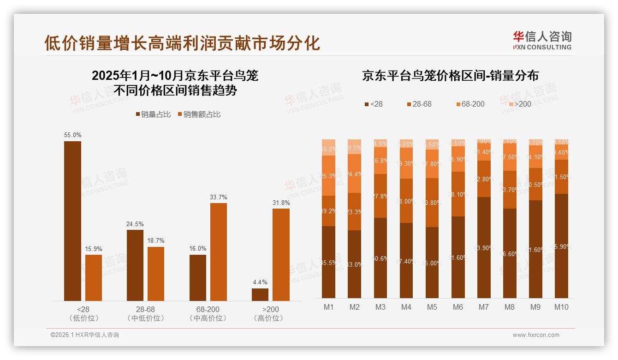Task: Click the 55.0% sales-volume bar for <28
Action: pos(72,221)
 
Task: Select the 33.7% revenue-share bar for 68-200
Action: pos(219,252)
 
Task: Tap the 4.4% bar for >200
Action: pos(260,294)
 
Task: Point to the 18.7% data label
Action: pos(156,240)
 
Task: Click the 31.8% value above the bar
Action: pos(281,203)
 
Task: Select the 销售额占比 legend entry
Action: pos(199,114)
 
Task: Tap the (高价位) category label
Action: pos(268,318)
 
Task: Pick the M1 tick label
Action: pos(328,307)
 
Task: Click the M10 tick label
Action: pos(561,307)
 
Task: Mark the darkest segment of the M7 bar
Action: pos(484,247)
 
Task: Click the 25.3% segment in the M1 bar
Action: pos(328,175)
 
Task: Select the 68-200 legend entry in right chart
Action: pos(470,104)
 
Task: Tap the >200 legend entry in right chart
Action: pos(520,104)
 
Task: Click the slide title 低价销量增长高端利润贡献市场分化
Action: pos(182,43)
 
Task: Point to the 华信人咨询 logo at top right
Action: pos(542,40)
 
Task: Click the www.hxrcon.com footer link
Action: pos(535,335)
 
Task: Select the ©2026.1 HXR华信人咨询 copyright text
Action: pos(85,335)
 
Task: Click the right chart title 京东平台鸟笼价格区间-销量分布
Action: pos(450,76)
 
